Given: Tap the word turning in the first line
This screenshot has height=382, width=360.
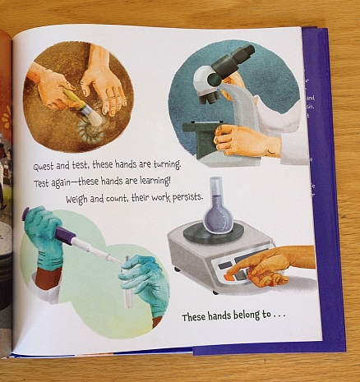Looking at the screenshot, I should [164, 164].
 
